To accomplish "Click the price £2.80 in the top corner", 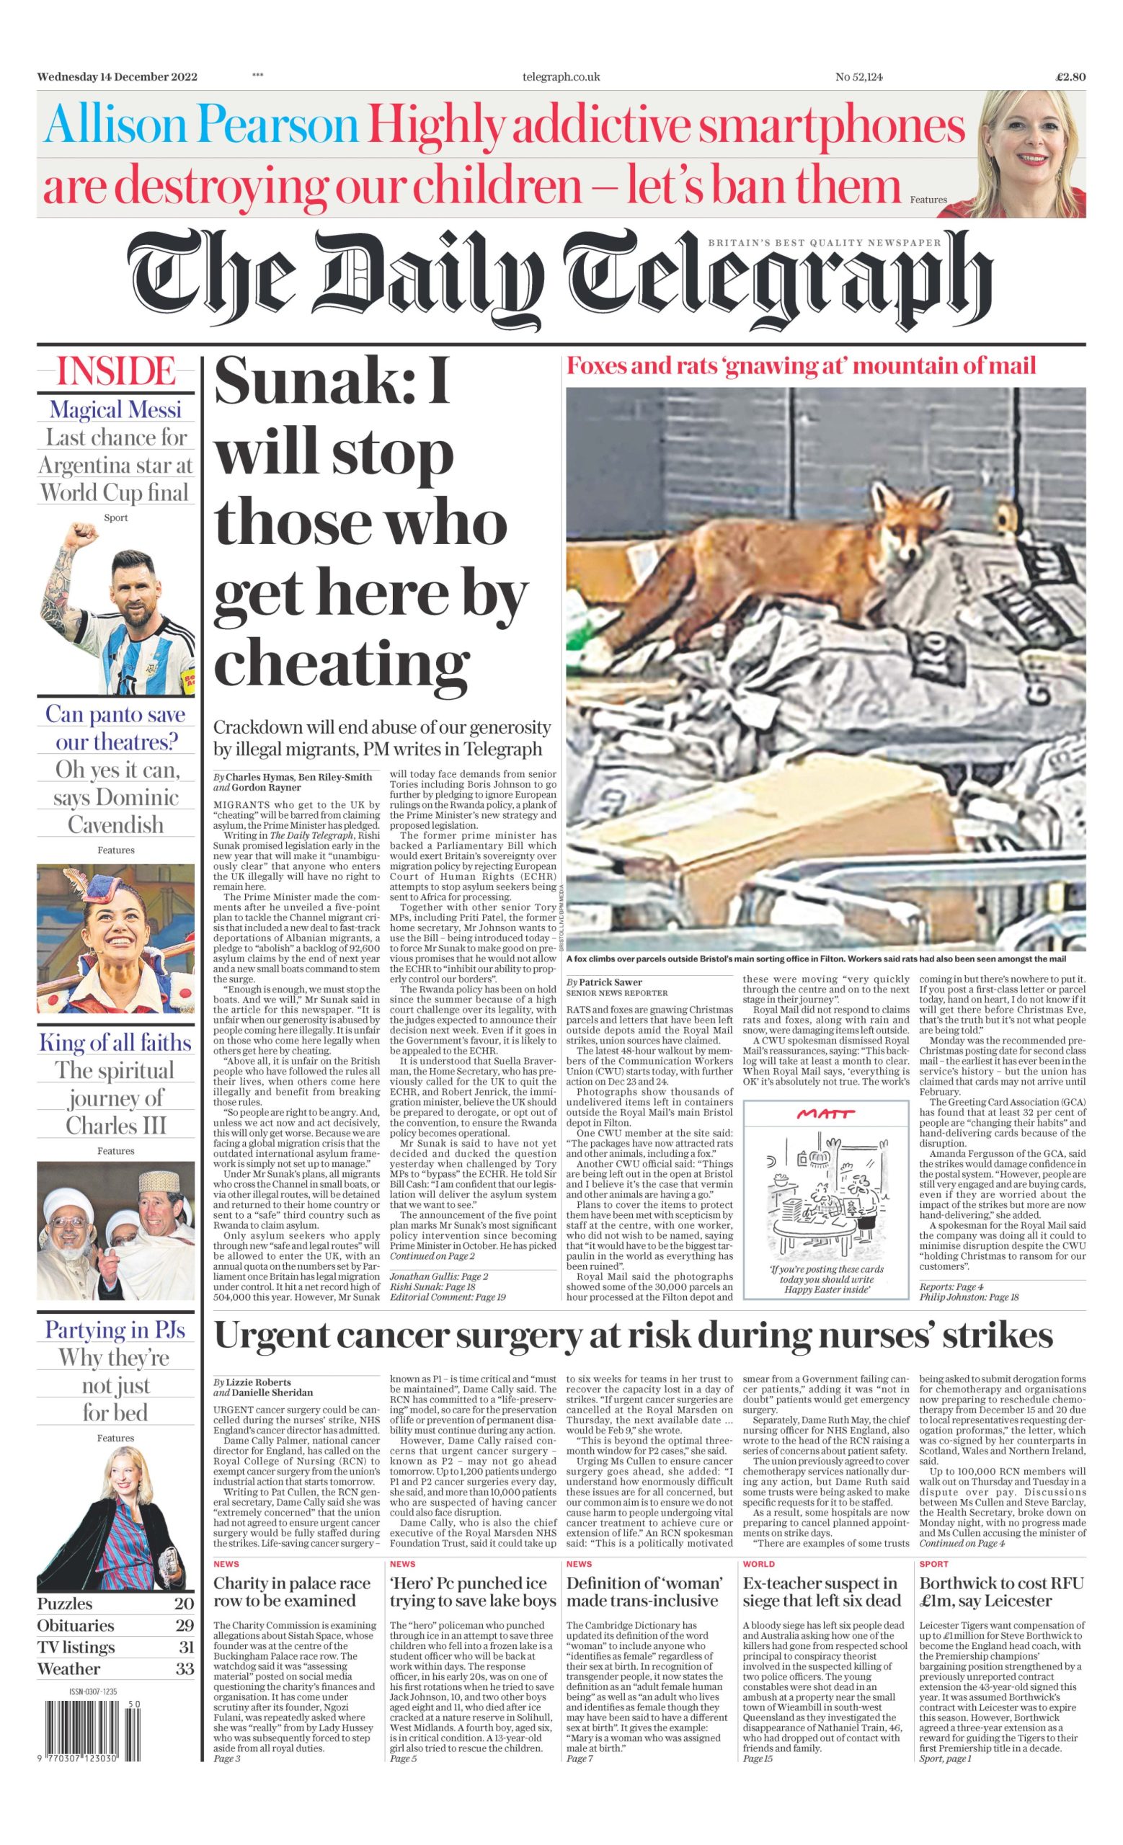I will pos(1070,76).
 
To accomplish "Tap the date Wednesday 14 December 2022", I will pos(117,76).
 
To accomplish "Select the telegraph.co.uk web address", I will pos(561,76).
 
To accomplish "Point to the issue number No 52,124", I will pos(858,76).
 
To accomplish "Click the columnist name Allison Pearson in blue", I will pos(201,126).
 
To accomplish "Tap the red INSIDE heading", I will pos(116,372).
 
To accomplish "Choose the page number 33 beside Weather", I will pos(183,1669).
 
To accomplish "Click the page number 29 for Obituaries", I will pos(183,1626).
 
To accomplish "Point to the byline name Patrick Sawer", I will pos(611,982).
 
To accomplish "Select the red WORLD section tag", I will pos(758,1564).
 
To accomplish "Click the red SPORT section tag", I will pos(933,1564).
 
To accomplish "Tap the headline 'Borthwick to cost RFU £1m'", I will pos(1001,1592).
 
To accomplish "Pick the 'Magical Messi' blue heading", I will pos(116,409).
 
